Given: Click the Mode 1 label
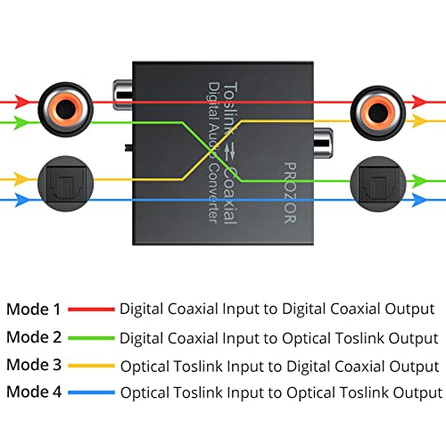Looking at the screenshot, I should click(x=34, y=310).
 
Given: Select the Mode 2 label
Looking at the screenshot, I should click(x=34, y=338).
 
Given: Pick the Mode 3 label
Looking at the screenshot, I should click(x=34, y=366).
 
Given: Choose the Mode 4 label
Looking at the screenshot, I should click(x=34, y=392).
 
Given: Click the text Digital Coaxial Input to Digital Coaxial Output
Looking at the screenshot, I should click(x=277, y=310).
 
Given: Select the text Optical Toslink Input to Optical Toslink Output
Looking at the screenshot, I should click(x=280, y=392).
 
